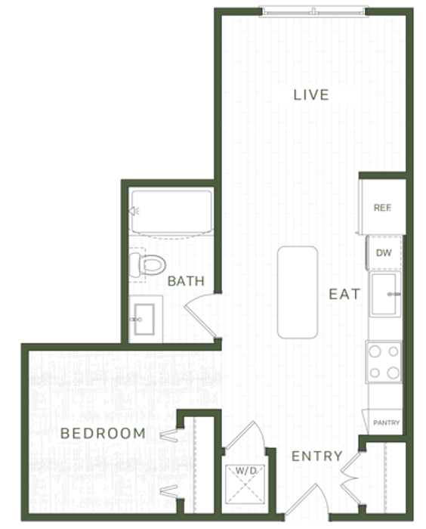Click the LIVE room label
click(x=311, y=94)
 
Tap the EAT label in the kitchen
click(x=344, y=294)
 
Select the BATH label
click(x=186, y=281)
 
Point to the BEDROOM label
click(x=103, y=433)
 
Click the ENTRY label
click(x=316, y=456)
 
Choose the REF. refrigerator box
click(x=382, y=207)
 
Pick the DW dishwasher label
click(x=384, y=252)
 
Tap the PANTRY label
click(x=387, y=422)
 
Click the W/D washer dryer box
click(x=245, y=484)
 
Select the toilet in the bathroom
click(x=147, y=264)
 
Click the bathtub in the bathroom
click(x=171, y=212)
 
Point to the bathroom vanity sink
click(x=144, y=319)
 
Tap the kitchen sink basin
click(x=384, y=294)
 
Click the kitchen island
click(x=297, y=292)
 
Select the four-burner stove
click(x=384, y=362)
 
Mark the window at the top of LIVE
click(x=313, y=11)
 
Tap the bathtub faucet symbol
click(x=134, y=211)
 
